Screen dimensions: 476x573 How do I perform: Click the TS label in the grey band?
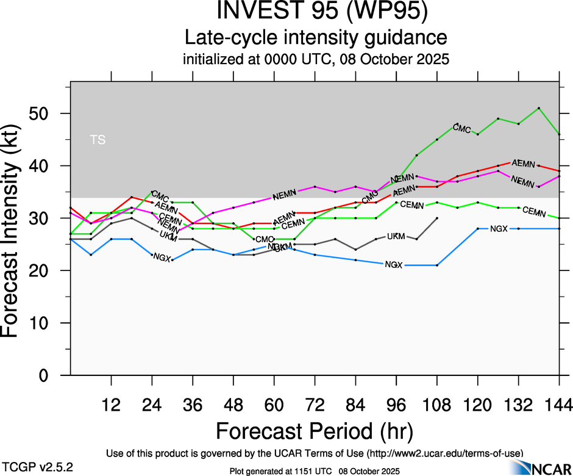coord(98,140)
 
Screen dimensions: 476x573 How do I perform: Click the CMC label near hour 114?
coord(462,129)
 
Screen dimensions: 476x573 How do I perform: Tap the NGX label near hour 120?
coord(499,229)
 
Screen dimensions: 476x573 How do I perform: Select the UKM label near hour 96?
coord(396,236)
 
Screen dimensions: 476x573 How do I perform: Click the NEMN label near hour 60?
coord(284,196)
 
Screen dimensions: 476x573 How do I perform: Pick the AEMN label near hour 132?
coord(523,164)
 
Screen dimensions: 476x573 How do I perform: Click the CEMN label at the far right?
coord(534,211)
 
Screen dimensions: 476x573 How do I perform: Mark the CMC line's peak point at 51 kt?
coord(539,108)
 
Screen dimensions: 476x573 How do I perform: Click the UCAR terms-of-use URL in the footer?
coord(444,453)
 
